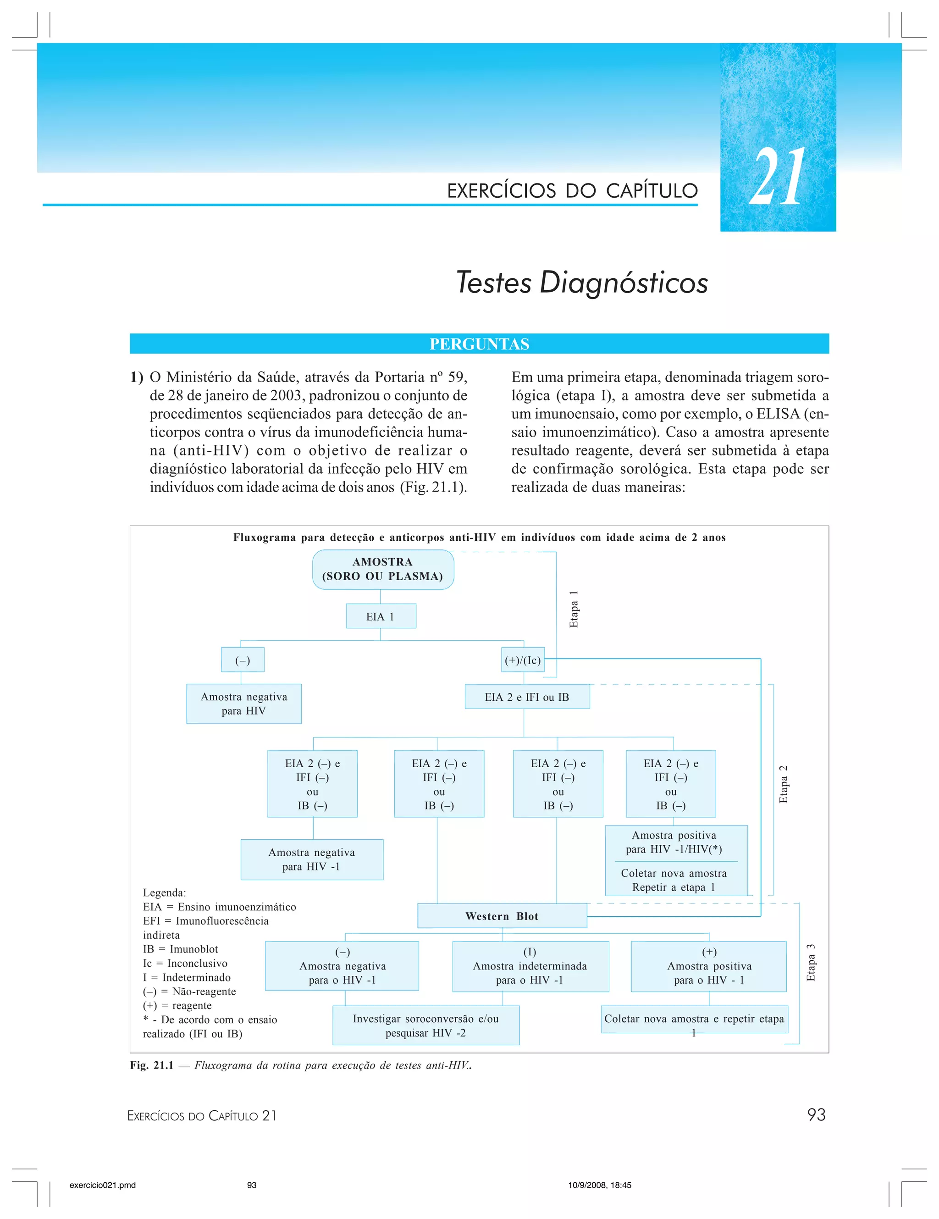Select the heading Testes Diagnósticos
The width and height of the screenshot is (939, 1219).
tap(582, 283)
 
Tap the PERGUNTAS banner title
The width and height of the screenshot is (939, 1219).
tap(479, 344)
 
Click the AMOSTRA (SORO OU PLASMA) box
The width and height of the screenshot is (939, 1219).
tap(383, 569)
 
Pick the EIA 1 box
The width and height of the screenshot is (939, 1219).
tap(381, 616)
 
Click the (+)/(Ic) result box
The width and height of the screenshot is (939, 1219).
tap(523, 660)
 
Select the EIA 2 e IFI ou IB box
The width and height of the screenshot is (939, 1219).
tap(527, 697)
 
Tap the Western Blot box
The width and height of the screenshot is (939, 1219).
tap(502, 916)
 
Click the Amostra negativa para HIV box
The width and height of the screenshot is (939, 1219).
tap(244, 704)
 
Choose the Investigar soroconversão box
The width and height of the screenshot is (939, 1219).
tap(425, 1025)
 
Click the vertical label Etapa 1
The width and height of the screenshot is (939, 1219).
tap(574, 609)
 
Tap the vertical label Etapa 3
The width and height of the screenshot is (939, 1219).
tap(811, 962)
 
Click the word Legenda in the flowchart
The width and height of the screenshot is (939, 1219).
tap(165, 892)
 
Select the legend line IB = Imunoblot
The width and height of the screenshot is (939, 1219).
tap(180, 949)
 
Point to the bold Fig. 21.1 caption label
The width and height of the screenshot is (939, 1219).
tap(152, 1065)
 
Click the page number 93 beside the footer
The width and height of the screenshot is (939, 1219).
tap(816, 1114)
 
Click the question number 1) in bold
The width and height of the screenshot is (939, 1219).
tap(137, 377)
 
